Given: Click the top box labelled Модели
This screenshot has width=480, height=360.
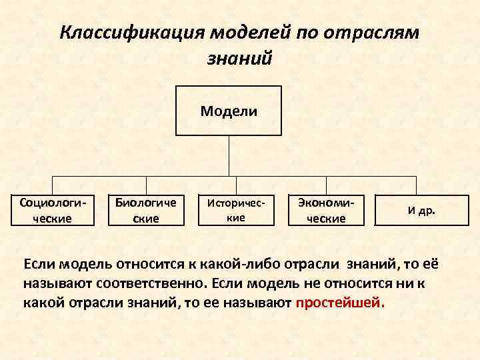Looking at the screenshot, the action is [229, 111].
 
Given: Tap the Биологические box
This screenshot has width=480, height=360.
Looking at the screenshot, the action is [145, 209].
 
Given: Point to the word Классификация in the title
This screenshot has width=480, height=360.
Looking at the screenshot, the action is [133, 33].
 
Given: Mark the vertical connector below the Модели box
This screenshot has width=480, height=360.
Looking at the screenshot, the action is [229, 156].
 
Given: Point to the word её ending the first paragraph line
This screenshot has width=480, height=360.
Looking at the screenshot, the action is [432, 264].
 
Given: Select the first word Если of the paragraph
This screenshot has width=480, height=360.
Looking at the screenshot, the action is [39, 264].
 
